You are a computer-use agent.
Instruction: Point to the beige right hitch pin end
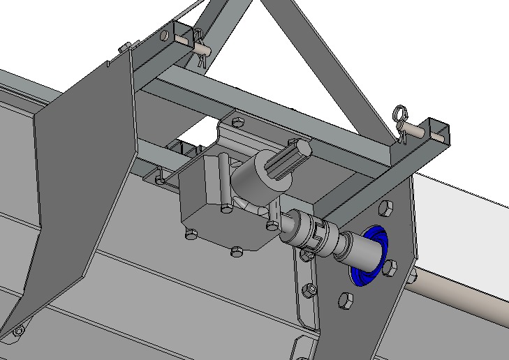(420, 130)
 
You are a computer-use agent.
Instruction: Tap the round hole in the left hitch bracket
(164, 35)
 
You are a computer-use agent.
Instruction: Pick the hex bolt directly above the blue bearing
(385, 207)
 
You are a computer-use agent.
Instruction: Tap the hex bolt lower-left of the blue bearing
(345, 301)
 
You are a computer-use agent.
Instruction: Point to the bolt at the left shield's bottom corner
(19, 329)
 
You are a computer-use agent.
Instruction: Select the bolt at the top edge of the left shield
(124, 47)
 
